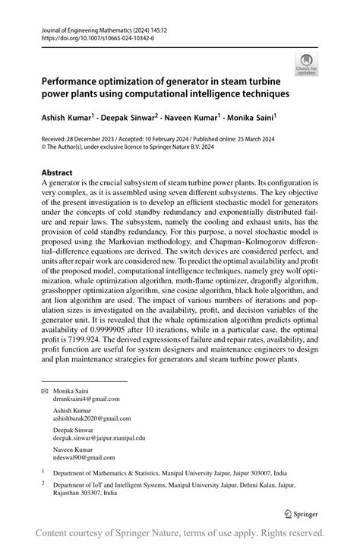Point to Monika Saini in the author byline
pos(247,119)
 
